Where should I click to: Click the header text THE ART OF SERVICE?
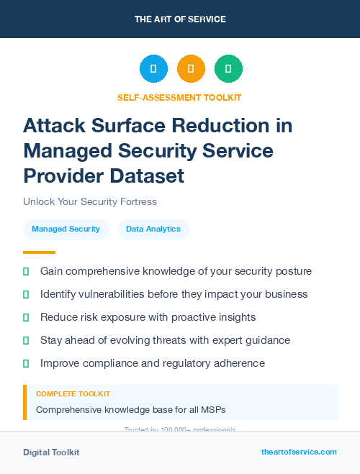point(180,19)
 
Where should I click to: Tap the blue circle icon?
point(153,69)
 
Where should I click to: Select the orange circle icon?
point(191,69)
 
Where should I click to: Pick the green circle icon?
point(228,69)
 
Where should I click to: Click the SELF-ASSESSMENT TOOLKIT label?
point(179,97)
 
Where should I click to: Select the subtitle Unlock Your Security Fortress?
point(90,202)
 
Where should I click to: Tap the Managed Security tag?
point(66,229)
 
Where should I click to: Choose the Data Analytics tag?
point(153,229)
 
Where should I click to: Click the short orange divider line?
point(39,252)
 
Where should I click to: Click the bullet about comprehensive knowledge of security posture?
point(176,271)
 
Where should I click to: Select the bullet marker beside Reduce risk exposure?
point(26,317)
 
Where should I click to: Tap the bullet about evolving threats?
point(165,340)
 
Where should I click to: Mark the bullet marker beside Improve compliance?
point(26,363)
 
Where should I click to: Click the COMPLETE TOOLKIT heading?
point(73,394)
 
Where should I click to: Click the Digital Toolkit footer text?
point(51,452)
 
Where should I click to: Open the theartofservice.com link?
point(299,452)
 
